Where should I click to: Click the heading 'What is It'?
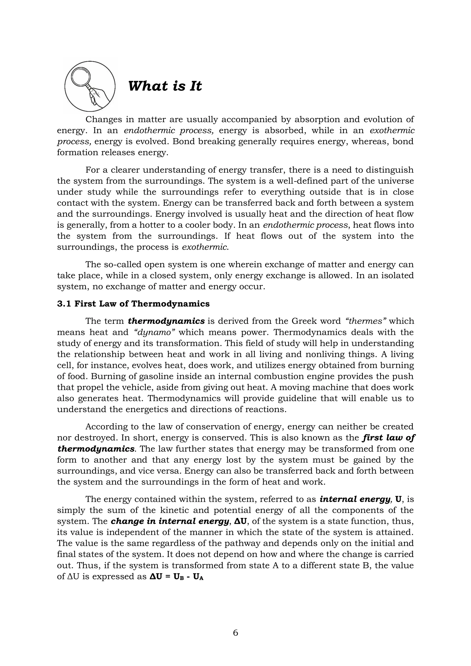click(165, 86)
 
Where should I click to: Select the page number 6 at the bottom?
click(235, 633)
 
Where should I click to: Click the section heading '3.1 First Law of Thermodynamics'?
click(133, 304)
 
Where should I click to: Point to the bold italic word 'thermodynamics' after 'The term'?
click(166, 321)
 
